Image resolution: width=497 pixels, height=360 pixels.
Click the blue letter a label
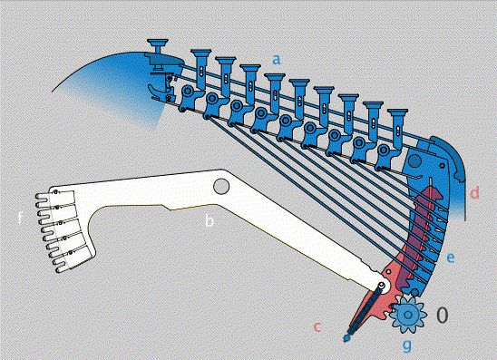277,59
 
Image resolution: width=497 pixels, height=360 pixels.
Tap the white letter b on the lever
209,220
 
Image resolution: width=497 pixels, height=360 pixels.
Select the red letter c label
317,326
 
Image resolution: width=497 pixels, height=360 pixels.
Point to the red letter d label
474,192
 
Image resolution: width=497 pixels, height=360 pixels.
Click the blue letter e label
451,258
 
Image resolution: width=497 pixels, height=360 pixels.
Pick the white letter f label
20,218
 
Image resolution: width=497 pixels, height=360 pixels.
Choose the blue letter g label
407,345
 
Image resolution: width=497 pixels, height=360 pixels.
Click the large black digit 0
443,315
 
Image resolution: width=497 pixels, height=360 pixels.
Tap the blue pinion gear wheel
408,315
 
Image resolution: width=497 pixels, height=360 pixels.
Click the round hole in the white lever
221,186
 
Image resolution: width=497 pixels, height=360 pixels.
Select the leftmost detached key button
158,44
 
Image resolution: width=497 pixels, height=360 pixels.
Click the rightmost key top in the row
397,113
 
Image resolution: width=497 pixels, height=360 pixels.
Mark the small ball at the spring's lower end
346,338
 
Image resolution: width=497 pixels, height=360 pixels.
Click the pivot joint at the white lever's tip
383,286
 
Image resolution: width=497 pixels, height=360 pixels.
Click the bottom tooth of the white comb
62,270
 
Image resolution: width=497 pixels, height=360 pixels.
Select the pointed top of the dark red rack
431,180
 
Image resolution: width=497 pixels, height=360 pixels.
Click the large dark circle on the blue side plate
414,161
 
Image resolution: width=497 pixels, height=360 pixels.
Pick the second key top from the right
373,105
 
